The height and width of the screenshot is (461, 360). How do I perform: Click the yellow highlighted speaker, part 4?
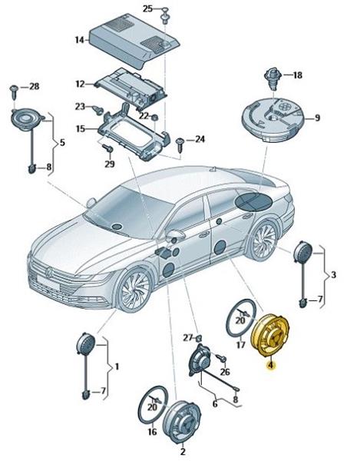click(x=270, y=335)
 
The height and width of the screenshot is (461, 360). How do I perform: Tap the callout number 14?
click(x=79, y=40)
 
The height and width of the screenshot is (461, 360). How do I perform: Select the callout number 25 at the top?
click(x=147, y=8)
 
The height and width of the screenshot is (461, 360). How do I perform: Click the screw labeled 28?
click(x=15, y=91)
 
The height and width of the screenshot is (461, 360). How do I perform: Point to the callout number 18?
click(x=297, y=75)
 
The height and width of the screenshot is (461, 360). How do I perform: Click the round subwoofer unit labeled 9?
click(x=272, y=120)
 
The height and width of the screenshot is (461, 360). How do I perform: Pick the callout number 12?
click(x=80, y=84)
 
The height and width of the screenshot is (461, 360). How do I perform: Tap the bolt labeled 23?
click(x=97, y=110)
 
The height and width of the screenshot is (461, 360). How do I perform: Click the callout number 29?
click(x=110, y=164)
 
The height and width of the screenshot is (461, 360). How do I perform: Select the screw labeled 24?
click(x=180, y=144)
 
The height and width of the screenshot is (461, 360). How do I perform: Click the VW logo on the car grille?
click(x=49, y=273)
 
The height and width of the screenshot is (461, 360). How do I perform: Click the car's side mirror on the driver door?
click(x=177, y=234)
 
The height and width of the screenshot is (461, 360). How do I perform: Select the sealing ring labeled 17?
click(x=240, y=317)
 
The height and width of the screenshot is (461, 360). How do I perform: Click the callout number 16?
click(x=152, y=432)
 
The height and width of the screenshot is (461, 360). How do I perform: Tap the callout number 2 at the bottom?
click(x=183, y=451)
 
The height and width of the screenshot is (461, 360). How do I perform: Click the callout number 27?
click(x=189, y=338)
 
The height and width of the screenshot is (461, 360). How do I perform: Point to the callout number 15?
click(x=80, y=129)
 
